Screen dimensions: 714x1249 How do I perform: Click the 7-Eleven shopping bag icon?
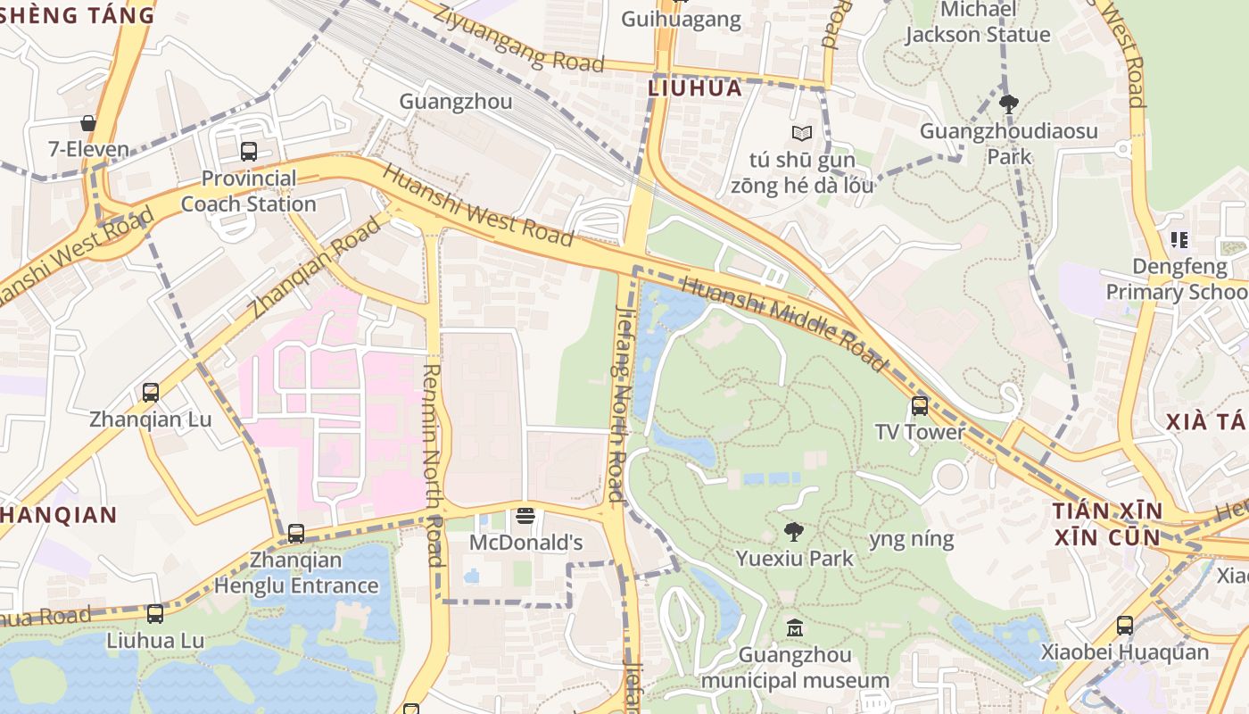point(88,123)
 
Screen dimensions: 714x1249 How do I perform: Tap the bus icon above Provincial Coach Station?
point(248,152)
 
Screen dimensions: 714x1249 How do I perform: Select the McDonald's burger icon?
point(525,517)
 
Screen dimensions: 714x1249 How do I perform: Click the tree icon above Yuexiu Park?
point(793,532)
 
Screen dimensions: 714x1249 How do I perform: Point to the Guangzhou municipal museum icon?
point(794,628)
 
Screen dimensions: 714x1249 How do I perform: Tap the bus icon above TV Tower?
point(920,406)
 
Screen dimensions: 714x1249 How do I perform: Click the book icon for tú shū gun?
point(802,134)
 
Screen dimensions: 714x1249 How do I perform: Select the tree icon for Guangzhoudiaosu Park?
point(1008,104)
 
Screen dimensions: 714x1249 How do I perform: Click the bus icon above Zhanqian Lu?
point(151,393)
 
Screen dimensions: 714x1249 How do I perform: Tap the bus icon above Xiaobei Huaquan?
point(1124,626)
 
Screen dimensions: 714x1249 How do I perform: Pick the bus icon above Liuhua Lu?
point(155,614)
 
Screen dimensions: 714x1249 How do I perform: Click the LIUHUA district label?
point(695,88)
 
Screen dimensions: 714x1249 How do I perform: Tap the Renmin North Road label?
point(433,464)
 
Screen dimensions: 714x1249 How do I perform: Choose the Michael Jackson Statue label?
point(978,22)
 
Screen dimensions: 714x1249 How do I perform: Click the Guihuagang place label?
point(681,20)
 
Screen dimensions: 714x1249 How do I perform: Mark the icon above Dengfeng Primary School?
point(1179,239)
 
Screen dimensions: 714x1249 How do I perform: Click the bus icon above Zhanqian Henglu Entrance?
point(296,534)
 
